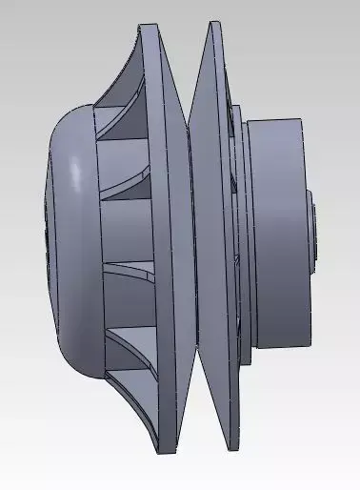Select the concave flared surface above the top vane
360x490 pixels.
click(x=129, y=67)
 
